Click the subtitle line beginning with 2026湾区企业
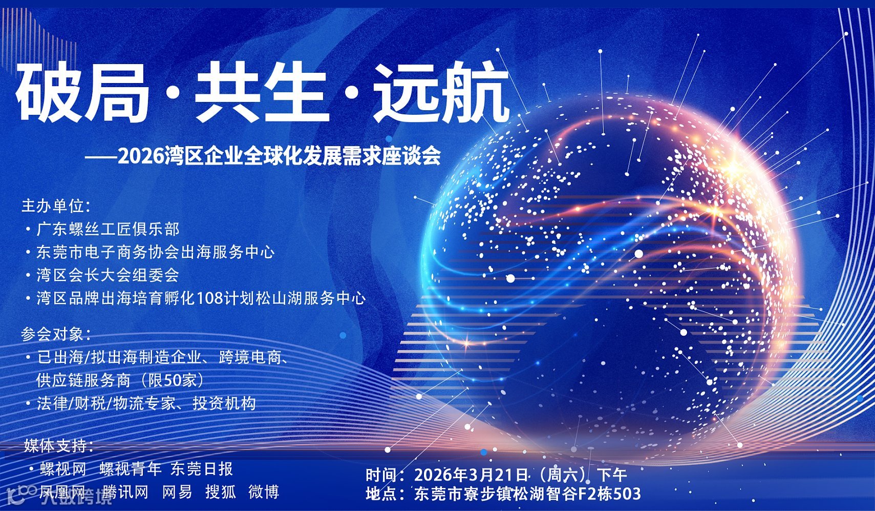tap(279, 156)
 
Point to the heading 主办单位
tap(55, 206)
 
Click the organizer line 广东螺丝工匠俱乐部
tap(108, 229)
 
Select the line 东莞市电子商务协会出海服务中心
tap(155, 252)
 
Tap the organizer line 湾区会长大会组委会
tap(108, 275)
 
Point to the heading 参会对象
tap(55, 334)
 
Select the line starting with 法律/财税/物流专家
tap(146, 404)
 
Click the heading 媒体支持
tap(58, 445)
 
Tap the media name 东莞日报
tap(202, 468)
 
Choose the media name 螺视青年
tap(131, 468)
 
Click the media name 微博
tap(264, 492)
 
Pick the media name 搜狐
tap(221, 492)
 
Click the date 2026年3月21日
tap(471, 475)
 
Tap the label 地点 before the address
tap(381, 494)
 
